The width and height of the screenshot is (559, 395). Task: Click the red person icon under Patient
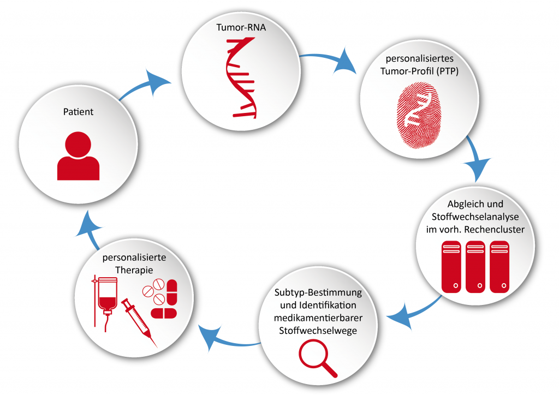79,157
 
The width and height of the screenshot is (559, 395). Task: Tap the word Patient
78,112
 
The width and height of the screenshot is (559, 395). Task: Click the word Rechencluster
496,230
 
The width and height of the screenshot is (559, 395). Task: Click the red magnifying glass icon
317,358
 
